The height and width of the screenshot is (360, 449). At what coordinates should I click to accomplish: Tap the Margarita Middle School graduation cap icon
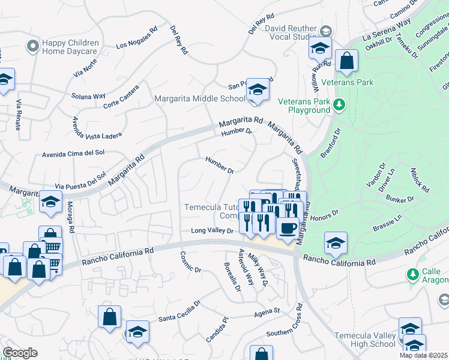[258, 89]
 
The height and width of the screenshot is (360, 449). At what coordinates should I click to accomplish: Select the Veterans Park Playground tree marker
[339, 106]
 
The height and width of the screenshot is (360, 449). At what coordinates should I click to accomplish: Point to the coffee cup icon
[288, 229]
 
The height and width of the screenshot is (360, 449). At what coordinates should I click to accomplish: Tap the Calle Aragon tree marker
[412, 275]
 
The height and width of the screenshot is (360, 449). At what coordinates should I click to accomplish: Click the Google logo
[20, 353]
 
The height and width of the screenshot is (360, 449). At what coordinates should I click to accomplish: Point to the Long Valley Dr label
[212, 231]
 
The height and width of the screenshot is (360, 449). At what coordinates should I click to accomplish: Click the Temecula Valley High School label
[364, 340]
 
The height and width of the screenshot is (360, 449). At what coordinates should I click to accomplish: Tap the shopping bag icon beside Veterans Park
[346, 60]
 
